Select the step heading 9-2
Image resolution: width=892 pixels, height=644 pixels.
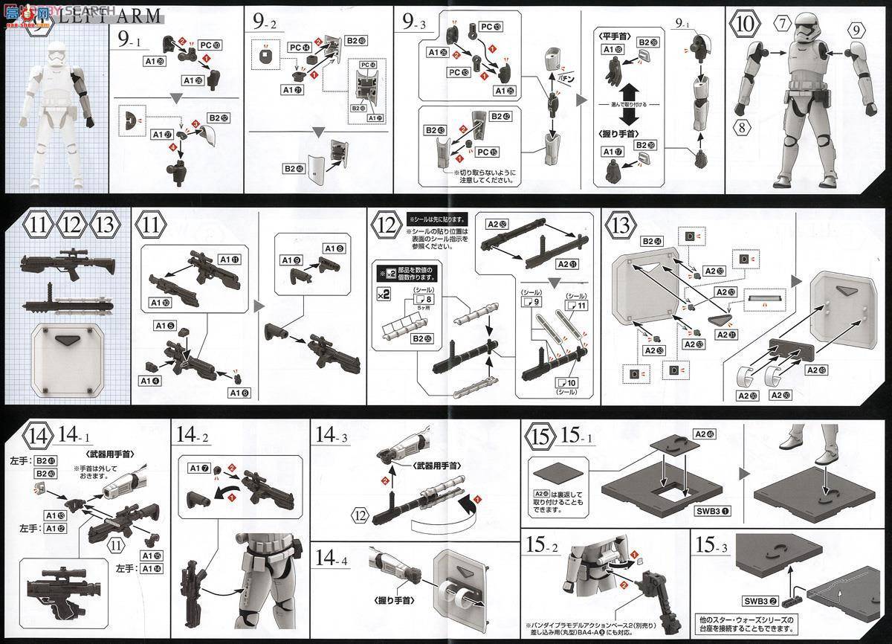265,24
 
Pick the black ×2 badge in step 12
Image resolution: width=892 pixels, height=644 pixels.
385,294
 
